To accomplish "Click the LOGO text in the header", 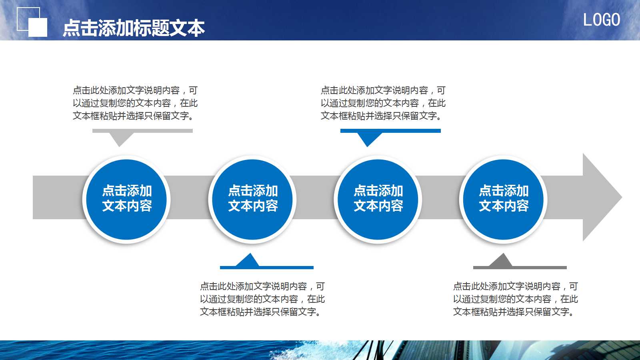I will point(601,20).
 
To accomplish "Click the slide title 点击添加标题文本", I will point(134,28).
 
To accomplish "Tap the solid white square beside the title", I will point(38,28).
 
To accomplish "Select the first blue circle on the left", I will point(126,199).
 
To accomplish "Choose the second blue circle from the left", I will point(252,199).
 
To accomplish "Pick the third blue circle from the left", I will point(378,199).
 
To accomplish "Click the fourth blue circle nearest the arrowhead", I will point(504,199).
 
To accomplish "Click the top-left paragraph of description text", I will point(135,103).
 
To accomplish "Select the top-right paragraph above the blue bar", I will point(383,103).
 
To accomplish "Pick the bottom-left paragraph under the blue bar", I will point(262,299).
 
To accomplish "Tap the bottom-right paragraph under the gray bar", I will point(515,299).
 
